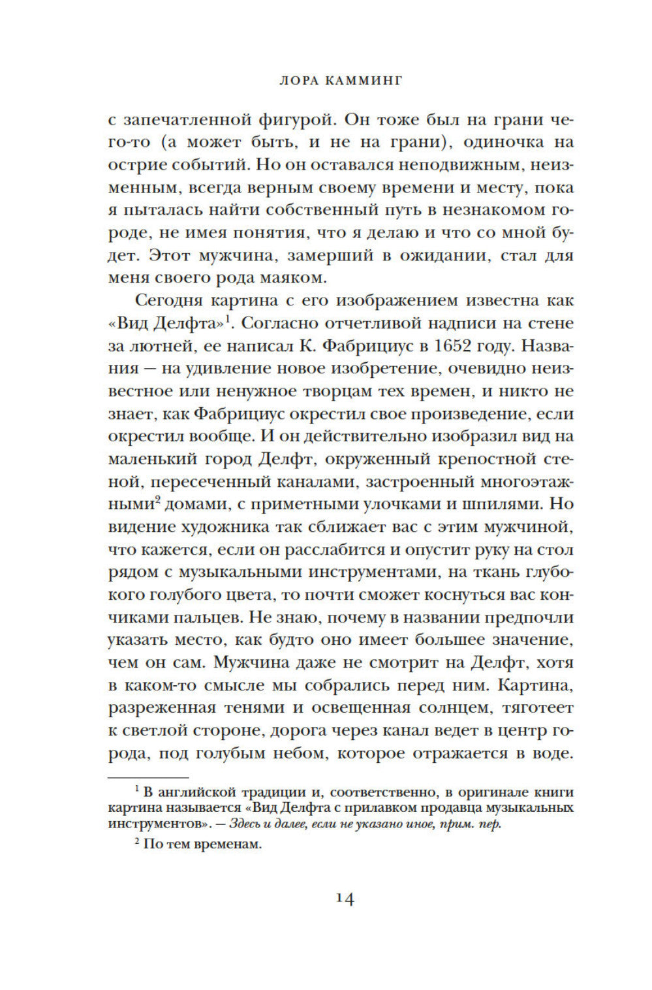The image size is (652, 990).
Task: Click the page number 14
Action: coord(345,899)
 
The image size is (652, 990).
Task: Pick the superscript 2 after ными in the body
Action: coord(158,500)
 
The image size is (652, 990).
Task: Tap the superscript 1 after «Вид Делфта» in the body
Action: coord(229,318)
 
